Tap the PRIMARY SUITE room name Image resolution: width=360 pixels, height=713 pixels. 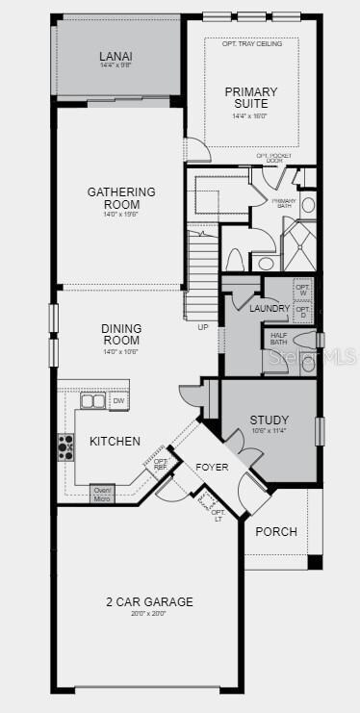pos(251,98)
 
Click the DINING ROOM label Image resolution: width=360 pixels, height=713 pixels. pos(121,334)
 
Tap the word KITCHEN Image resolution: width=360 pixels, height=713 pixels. pos(116,441)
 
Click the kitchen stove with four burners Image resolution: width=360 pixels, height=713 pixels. pos(66,446)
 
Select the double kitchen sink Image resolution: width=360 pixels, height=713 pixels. pos(92,400)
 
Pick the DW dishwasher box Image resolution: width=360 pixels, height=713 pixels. pos(118,401)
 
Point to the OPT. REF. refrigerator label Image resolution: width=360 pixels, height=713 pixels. pos(161,466)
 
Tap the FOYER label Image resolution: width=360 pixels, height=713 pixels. pos(212,468)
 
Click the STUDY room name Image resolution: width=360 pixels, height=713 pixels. pos(269,420)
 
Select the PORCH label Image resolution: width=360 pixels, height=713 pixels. pos(276,531)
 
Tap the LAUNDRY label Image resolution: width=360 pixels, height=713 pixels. pos(269,308)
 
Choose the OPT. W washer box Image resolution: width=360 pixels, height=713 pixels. pos(303,289)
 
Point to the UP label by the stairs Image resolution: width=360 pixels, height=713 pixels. pos(202,327)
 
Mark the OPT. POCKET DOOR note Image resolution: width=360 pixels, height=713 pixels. pos(272,158)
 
